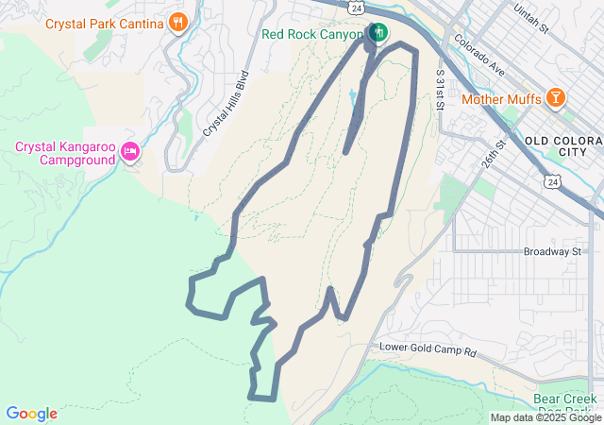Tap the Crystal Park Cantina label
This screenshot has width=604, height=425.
point(105,21)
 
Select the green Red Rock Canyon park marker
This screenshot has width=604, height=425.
point(378,33)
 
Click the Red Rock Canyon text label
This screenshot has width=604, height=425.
point(312,34)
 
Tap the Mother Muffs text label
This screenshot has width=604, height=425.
point(500,97)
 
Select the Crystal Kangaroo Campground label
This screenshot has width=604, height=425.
point(64,152)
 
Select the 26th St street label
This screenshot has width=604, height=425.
point(494,152)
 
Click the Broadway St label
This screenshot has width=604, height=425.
point(552,252)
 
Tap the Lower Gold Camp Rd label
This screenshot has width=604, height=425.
point(428,348)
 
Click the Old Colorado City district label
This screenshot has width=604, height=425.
point(562,146)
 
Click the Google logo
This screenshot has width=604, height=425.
point(31,414)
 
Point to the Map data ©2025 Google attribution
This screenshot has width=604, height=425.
point(545,417)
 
